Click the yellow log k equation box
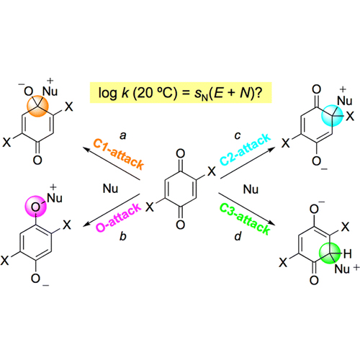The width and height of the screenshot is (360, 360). pyautogui.click(x=181, y=93)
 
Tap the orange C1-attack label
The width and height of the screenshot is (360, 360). pyautogui.click(x=119, y=154)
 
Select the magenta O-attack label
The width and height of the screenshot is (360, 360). pyautogui.click(x=118, y=217)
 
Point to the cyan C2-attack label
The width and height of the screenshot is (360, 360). pyautogui.click(x=246, y=149)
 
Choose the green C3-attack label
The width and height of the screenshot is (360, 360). pyautogui.click(x=245, y=219)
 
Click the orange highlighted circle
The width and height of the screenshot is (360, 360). pyautogui.click(x=37, y=107)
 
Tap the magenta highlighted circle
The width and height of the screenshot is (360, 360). pyautogui.click(x=35, y=207)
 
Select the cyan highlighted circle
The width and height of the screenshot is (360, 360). pyautogui.click(x=332, y=115)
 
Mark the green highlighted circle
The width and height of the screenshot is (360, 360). pyautogui.click(x=330, y=253)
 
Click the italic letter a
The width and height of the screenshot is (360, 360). pyautogui.click(x=123, y=136)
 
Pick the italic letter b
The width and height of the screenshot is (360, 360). pyautogui.click(x=123, y=236)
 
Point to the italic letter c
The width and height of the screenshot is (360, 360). pyautogui.click(x=238, y=136)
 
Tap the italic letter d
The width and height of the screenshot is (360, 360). pyautogui.click(x=238, y=236)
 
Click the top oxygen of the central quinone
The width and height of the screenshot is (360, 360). pyautogui.click(x=181, y=153)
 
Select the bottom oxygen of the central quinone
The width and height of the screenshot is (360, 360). pyautogui.click(x=181, y=225)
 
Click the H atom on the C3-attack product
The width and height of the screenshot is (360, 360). pyautogui.click(x=348, y=253)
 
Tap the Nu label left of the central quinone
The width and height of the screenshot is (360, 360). pyautogui.click(x=110, y=189)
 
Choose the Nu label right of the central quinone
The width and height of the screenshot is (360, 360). pyautogui.click(x=251, y=189)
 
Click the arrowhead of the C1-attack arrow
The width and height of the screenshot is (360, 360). pyautogui.click(x=86, y=150)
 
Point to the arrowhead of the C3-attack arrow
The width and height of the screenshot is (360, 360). pyautogui.click(x=271, y=223)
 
